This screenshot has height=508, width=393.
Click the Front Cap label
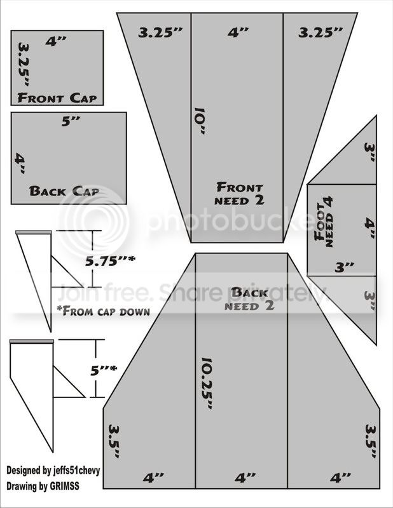point(57,98)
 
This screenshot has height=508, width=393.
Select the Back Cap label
point(64,191)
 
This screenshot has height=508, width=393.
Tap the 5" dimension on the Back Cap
point(71,121)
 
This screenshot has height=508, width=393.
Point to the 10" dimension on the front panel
point(199,121)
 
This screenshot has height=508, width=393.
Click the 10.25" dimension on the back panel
point(207,384)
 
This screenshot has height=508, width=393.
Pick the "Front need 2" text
point(240,194)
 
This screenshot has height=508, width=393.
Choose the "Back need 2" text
point(249,298)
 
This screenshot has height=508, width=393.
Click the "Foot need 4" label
point(324,222)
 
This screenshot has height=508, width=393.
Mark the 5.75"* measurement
point(110,260)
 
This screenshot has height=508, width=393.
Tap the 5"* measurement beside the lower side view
point(104,370)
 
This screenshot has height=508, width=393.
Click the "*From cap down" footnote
point(103,311)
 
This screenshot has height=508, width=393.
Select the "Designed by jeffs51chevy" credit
point(53,470)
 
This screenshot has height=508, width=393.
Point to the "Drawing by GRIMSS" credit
point(43,486)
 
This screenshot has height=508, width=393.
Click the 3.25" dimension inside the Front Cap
point(24,65)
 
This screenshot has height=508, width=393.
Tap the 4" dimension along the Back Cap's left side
point(20,164)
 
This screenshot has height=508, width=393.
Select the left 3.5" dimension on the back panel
point(114,441)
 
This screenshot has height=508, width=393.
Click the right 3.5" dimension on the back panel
point(371,441)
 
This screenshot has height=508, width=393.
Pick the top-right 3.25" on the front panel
point(321,32)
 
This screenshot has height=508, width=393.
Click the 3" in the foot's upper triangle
point(369,152)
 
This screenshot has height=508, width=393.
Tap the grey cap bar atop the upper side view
point(34,232)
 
